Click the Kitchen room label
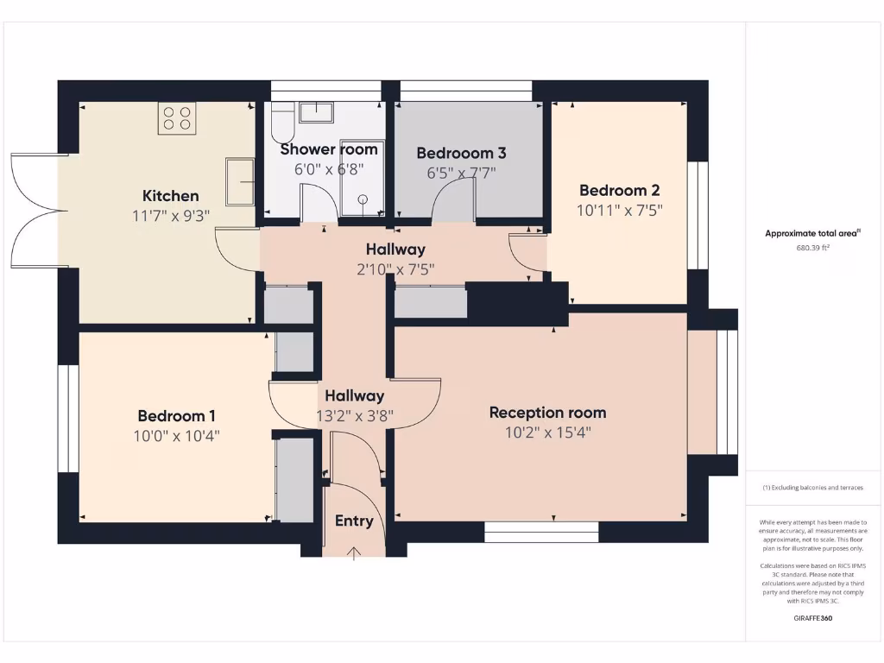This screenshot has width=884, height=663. [170, 196]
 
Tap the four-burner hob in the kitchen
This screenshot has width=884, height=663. [177, 118]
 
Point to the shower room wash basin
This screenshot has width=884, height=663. [316, 111]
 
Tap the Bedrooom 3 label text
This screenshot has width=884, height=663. [461, 153]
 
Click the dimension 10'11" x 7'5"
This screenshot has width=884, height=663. [619, 210]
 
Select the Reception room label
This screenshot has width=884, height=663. [547, 413]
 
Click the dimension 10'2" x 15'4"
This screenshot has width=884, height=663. [547, 433]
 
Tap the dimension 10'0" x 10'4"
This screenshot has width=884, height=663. [176, 436]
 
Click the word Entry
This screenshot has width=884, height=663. [354, 521]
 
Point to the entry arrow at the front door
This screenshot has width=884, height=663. [354, 552]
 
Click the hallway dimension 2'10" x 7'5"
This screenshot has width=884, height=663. [395, 268]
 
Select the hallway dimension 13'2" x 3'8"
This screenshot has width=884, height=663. [354, 415]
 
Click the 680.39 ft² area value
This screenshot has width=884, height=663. [812, 248]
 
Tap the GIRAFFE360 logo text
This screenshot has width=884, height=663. [812, 618]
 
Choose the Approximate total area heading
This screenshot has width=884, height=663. [812, 233]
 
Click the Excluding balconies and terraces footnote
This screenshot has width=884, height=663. [812, 488]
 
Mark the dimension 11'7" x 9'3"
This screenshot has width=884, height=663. [170, 216]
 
